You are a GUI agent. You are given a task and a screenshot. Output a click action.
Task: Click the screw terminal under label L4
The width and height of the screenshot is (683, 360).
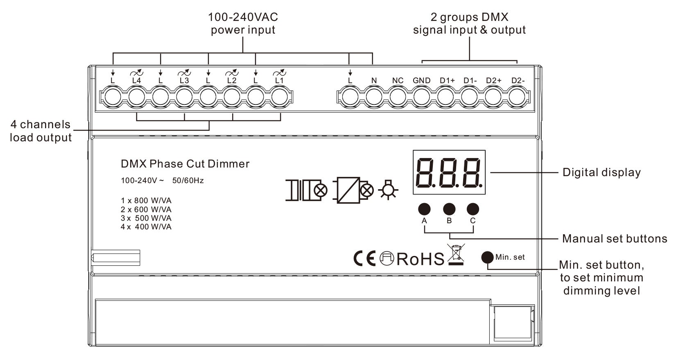pos(137,97)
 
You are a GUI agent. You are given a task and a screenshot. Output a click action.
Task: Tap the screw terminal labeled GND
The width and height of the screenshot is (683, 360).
pos(422,97)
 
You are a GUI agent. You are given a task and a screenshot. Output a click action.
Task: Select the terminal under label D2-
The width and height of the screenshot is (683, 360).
pos(517,97)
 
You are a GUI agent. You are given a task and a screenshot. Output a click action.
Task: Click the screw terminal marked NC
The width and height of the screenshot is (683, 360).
pos(398,97)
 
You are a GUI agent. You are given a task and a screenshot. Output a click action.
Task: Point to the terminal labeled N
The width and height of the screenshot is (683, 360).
pos(374,97)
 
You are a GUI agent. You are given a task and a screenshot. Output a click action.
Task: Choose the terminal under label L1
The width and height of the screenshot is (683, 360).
pos(279,97)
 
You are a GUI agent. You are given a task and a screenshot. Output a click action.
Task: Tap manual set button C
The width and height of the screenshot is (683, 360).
pos(473,209)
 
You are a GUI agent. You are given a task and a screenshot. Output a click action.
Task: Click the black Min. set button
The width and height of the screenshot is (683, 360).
pos(487,257)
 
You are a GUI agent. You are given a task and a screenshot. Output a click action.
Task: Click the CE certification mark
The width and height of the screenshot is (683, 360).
pos(364,259)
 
